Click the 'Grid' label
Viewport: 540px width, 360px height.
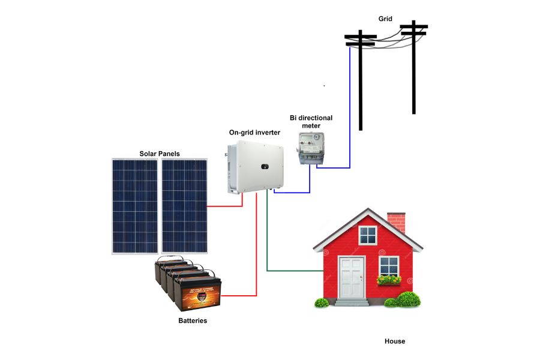click(x=385, y=19)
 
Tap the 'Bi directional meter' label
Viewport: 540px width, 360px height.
click(x=311, y=122)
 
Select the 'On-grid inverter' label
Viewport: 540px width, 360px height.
click(x=254, y=132)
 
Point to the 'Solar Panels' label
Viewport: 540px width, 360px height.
click(x=160, y=154)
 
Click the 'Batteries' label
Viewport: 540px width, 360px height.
click(x=193, y=320)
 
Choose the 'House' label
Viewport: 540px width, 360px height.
click(x=395, y=341)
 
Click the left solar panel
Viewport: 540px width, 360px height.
click(x=135, y=206)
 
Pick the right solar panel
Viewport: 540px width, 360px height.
click(x=185, y=206)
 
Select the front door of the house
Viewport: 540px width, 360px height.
click(x=351, y=277)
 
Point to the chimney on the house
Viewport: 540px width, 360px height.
click(x=396, y=222)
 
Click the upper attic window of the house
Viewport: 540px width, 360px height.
click(x=367, y=235)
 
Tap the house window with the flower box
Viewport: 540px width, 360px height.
click(x=389, y=266)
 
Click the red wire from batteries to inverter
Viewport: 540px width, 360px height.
click(x=256, y=252)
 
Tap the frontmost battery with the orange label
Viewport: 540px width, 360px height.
click(x=197, y=292)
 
